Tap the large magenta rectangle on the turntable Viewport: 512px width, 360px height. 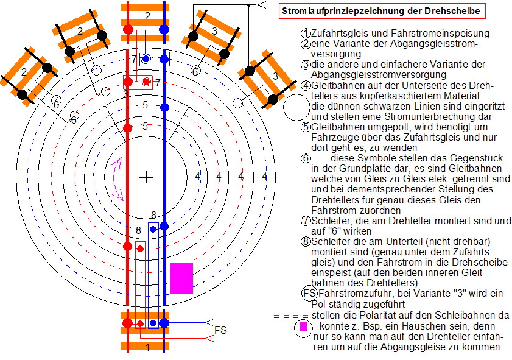[x=181, y=278]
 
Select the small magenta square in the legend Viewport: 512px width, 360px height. [x=303, y=326]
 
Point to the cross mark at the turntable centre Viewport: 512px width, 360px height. [x=146, y=177]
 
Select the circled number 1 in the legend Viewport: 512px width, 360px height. [x=306, y=33]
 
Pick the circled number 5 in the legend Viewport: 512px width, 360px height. [x=306, y=127]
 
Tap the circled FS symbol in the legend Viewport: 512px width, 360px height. [x=309, y=294]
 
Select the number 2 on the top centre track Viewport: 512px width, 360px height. [x=146, y=16]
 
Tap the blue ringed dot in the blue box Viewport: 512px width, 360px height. [x=147, y=58]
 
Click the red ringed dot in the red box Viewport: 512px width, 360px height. [x=146, y=82]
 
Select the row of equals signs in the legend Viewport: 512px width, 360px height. [x=291, y=316]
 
